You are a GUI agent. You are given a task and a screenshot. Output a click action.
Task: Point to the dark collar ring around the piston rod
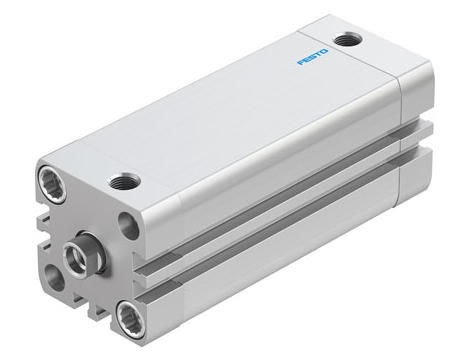pos(87,247)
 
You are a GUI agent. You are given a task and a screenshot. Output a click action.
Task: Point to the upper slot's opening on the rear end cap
pos(419,127)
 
